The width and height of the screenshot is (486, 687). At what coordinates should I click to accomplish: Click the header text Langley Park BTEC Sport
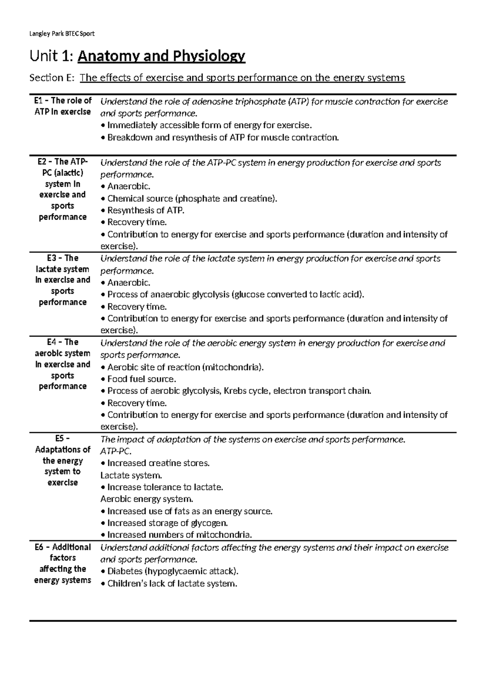62,34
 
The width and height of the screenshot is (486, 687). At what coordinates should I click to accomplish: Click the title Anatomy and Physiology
161,56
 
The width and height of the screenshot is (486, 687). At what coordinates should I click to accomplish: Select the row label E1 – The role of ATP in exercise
62,106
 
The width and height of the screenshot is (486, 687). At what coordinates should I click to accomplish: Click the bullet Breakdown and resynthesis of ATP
222,138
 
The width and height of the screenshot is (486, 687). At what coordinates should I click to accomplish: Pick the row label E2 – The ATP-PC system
62,189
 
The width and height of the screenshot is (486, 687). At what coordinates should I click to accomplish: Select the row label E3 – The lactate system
62,280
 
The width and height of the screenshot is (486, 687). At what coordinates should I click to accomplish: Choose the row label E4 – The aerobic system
62,364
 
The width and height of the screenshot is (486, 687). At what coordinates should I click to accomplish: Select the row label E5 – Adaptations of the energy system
62,461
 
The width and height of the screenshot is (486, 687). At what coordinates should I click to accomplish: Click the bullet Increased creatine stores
158,463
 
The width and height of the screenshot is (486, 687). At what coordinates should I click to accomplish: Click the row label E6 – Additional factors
62,563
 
